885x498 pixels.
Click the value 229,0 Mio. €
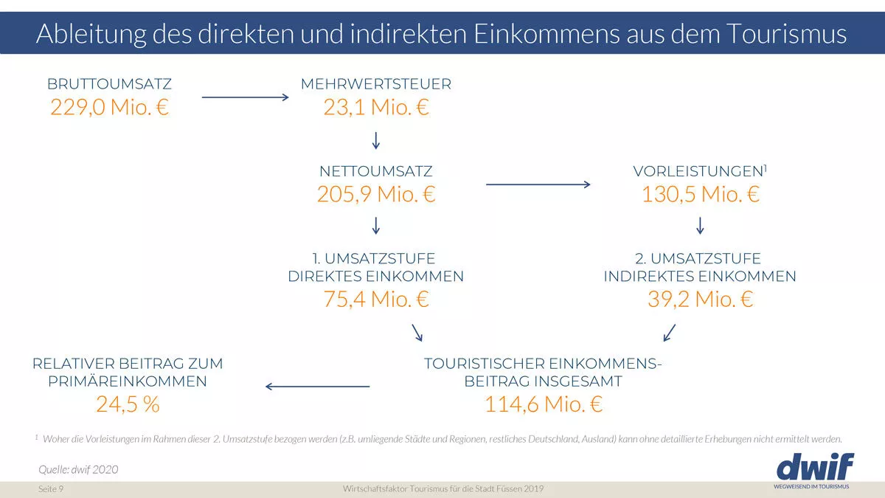coord(110,108)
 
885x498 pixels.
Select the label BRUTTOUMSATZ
coord(109,84)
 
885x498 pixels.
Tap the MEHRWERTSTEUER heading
coord(375,84)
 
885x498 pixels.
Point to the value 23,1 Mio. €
coord(375,108)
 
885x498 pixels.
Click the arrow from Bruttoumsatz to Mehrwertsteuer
coord(244,97)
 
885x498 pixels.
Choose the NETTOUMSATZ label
coord(375,171)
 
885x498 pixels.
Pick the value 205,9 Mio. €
coord(375,195)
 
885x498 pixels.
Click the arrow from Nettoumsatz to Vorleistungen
coord(538,184)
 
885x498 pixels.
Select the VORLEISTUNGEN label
coord(697,171)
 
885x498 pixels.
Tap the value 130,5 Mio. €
coord(700,195)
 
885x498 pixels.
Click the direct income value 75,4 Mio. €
coord(375,300)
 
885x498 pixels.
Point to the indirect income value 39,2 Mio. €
coord(700,300)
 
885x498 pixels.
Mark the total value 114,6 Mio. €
coord(544,404)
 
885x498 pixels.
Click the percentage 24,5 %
coord(128,404)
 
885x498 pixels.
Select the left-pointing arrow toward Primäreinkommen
coord(318,386)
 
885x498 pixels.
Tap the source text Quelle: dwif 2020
coord(78,469)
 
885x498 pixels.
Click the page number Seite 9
coord(51,490)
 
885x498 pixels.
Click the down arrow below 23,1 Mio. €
coord(375,140)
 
